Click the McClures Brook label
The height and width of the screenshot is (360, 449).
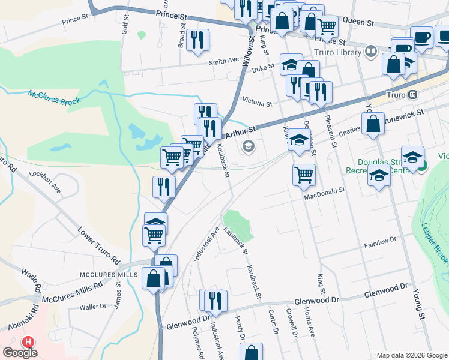point(54,98)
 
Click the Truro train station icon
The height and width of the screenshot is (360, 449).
point(412,95)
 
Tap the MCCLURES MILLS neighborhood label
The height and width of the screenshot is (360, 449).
point(110,274)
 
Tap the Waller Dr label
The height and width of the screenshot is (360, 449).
point(93,307)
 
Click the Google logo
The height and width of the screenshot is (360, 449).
point(20,352)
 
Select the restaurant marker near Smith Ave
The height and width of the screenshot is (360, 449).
point(197,40)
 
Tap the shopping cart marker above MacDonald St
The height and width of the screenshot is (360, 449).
point(304,175)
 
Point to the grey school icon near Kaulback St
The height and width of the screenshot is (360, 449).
point(247,146)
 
